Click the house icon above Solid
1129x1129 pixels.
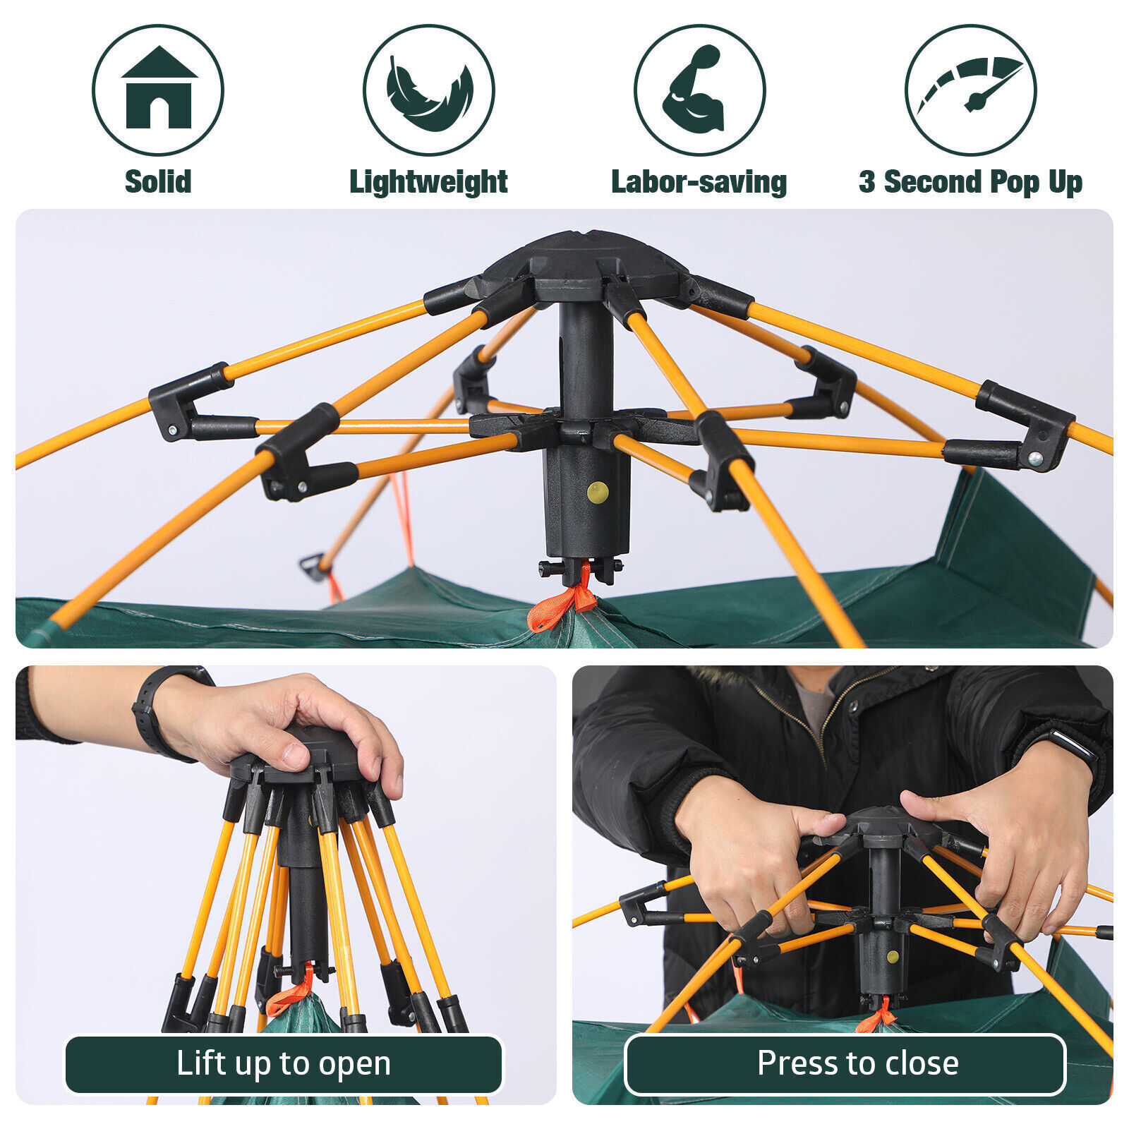pos(158,90)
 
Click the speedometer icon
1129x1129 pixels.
pos(970,90)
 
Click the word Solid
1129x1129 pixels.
pos(158,182)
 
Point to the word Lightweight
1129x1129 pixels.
pos(428,182)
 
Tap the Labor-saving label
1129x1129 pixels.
pos(699,182)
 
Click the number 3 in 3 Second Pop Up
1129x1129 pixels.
pos(867,182)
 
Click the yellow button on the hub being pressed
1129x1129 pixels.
pos(893,958)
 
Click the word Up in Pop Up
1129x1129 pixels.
pos(1065,182)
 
